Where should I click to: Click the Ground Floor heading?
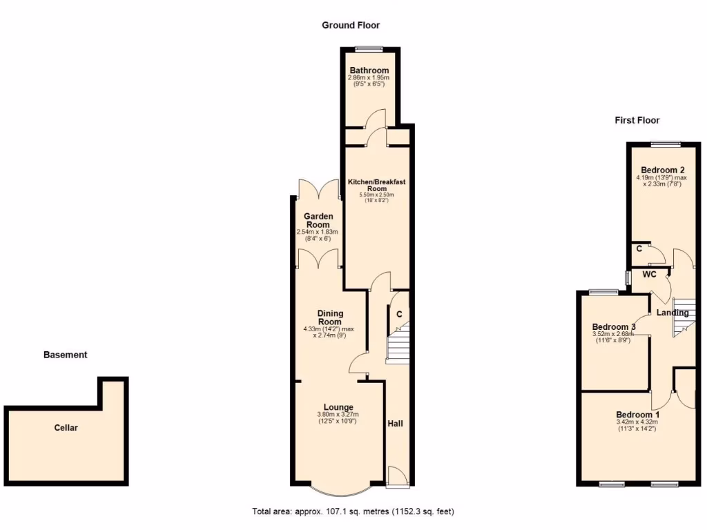pos(351,26)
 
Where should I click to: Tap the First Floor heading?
pos(637,120)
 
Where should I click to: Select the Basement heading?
pos(66,355)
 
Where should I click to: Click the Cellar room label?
pos(66,428)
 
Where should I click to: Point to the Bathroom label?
pos(369,70)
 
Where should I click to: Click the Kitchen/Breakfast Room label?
pos(376,185)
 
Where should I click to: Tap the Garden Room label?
pos(319,220)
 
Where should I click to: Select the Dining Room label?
pos(330,317)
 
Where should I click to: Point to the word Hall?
pos(395,424)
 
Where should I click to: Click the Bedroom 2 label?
pos(662,170)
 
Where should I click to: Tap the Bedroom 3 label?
pos(614,327)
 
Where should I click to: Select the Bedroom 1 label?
pos(637,415)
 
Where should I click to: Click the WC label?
pos(649,275)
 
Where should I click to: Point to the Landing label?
pos(672,313)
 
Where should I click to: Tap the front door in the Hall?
pos(396,477)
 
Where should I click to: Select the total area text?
pos(353,512)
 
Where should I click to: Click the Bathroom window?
pos(369,48)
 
